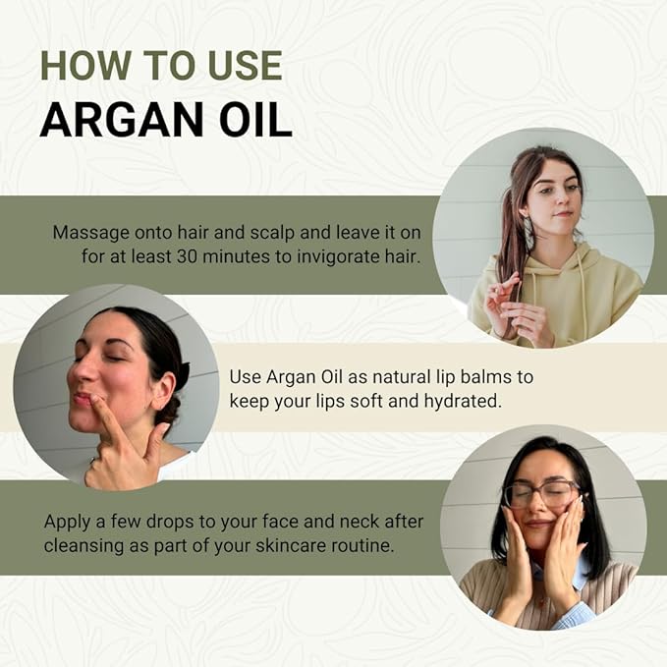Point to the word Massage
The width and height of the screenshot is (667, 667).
click(x=90, y=233)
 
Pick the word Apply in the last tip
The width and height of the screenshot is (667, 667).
click(x=68, y=521)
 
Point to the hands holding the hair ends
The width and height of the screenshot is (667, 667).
click(x=516, y=310)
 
